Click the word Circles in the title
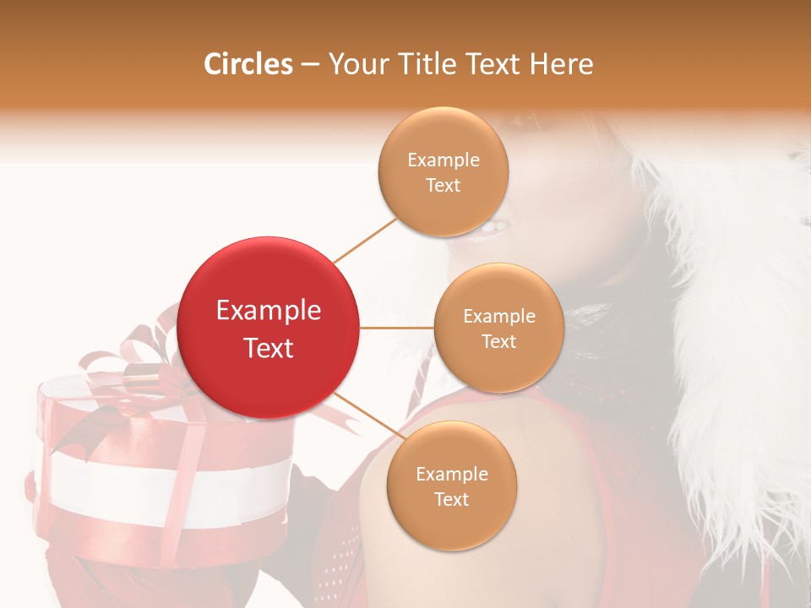click(x=248, y=64)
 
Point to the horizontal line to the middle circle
click(x=397, y=328)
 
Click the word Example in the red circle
click(x=269, y=311)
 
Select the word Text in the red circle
click(x=269, y=348)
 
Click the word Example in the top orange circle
click(x=444, y=160)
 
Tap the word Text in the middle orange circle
click(x=499, y=342)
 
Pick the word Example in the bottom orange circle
click(x=451, y=475)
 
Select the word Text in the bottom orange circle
click(x=451, y=500)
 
